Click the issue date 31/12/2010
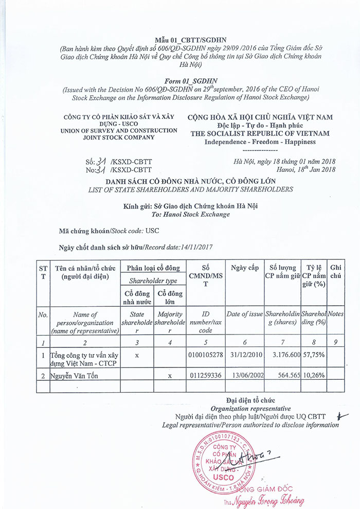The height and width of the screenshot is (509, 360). pos(245,355)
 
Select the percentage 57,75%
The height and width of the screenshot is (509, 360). pos(313,355)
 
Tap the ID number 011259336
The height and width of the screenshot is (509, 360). pos(206,375)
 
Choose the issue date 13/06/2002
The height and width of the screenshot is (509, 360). pos(245,375)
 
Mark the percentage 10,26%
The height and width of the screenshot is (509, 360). pos(313,375)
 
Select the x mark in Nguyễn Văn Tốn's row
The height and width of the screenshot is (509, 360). pos(170,375)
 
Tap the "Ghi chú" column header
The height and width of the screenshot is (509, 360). pos(336,271)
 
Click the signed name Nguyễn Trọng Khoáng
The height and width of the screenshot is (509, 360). pos(270,500)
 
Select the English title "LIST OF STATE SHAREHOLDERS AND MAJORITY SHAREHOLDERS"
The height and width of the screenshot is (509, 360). pos(190,189)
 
